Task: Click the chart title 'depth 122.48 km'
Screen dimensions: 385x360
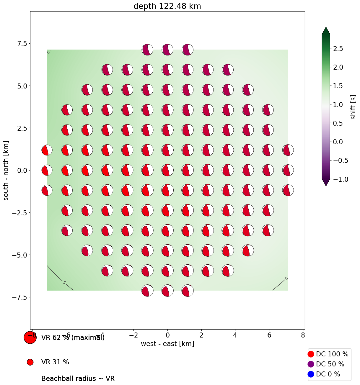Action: click(167, 6)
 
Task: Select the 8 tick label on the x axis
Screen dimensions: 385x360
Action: click(303, 335)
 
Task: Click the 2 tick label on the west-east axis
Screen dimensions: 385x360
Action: click(201, 335)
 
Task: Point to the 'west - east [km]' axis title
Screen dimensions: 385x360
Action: click(167, 344)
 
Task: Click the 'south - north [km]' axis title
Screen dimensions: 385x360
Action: click(6, 171)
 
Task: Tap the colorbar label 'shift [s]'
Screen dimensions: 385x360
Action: click(353, 107)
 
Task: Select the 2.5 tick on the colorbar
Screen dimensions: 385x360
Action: click(338, 49)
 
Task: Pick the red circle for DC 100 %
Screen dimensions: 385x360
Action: click(311, 354)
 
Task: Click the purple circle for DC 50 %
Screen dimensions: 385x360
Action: click(311, 364)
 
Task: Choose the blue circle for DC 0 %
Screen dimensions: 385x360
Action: click(311, 374)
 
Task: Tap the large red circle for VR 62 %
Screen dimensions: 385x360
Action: click(30, 338)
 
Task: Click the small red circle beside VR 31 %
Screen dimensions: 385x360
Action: click(30, 362)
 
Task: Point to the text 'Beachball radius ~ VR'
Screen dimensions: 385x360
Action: click(78, 379)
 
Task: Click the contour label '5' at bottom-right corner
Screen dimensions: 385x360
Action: click(286, 278)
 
